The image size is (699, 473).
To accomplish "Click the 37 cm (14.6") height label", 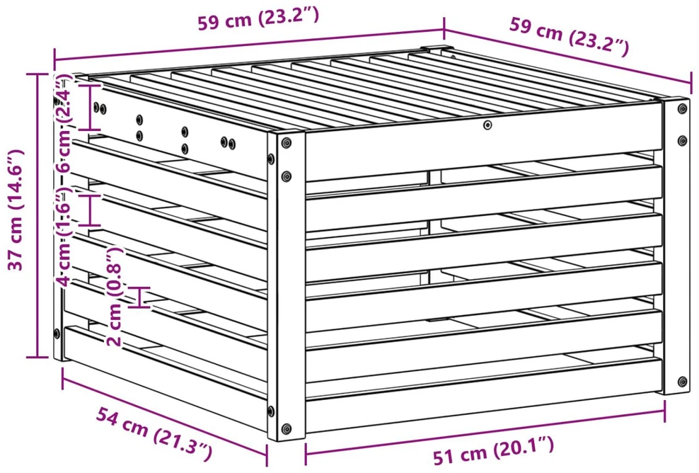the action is (x=16, y=210).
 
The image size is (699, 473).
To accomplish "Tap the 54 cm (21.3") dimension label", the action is (x=154, y=433).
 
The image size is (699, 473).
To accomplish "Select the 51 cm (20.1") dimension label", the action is (x=494, y=450).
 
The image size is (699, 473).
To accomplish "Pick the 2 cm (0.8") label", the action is (x=114, y=297).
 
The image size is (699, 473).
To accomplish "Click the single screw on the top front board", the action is (x=487, y=125).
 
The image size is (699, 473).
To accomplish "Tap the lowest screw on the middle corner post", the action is (x=287, y=428).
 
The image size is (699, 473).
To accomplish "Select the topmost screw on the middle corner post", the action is (x=287, y=143).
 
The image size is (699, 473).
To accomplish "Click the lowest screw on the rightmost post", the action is (x=683, y=382).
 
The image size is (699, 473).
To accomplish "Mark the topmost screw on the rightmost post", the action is (x=682, y=108).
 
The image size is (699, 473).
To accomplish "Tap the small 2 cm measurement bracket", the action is (x=141, y=297).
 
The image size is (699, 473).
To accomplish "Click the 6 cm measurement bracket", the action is (x=91, y=106).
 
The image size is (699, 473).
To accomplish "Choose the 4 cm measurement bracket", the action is (x=91, y=210).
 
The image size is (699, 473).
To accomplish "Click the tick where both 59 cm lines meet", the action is (x=444, y=28).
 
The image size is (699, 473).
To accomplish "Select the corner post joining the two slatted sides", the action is (x=287, y=285).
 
